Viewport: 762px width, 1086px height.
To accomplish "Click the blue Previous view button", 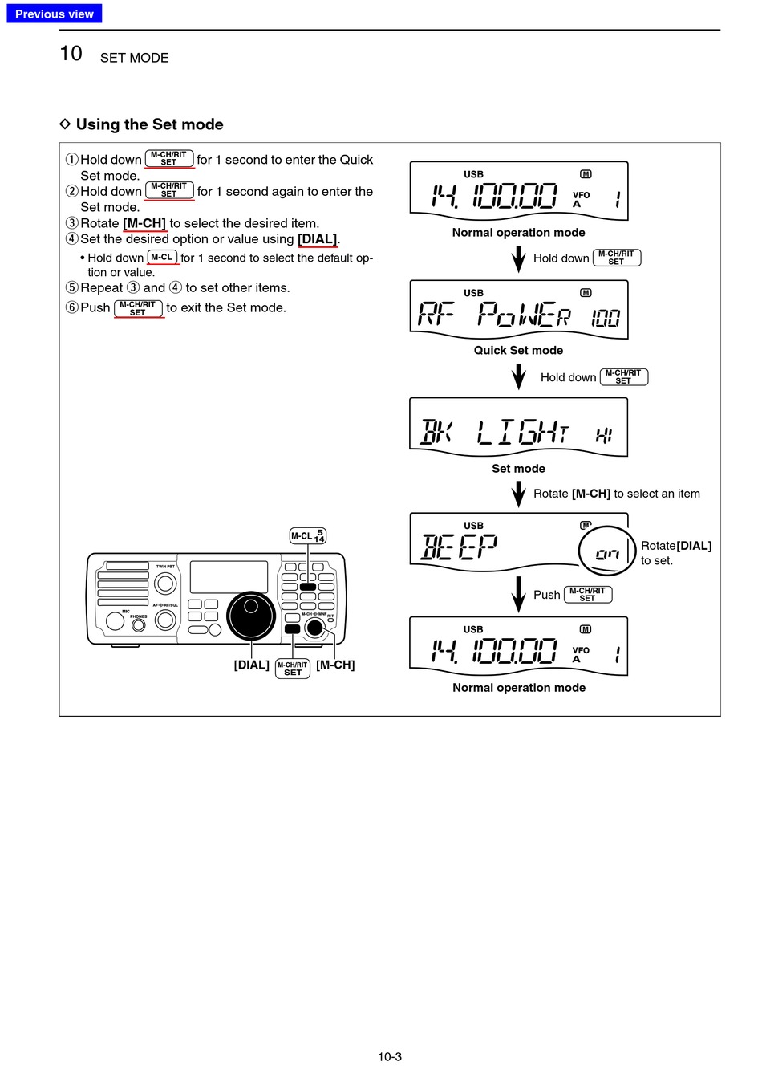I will pos(55,14).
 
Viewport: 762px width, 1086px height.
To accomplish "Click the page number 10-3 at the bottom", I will pos(390,1056).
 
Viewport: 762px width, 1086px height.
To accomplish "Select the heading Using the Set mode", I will pos(149,124).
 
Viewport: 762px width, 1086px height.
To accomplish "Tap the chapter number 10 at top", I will pos(71,54).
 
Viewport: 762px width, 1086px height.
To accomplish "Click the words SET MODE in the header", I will pos(134,58).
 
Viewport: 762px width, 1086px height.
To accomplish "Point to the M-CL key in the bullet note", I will pos(162,258).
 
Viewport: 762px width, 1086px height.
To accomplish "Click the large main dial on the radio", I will pos(251,616).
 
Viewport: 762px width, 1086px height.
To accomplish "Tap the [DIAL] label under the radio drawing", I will pos(251,665).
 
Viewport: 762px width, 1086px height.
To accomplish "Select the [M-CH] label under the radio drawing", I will pos(335,665).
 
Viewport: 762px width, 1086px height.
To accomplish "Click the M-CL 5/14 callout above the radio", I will pos(308,536).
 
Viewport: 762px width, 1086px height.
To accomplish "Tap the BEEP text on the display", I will pos(460,547).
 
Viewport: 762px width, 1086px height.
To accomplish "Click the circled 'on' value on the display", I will pos(607,553).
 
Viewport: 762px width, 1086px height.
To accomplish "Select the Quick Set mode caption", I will pos(518,350).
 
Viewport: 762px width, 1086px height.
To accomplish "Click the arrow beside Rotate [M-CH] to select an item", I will pos(519,494).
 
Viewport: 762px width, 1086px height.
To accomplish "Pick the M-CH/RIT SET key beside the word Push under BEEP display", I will pos(588,595).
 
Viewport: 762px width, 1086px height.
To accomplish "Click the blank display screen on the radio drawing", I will pos(229,577).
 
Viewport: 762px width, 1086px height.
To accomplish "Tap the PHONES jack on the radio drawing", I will pos(139,624).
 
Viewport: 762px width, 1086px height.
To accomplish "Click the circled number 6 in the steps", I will pos(72,307).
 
